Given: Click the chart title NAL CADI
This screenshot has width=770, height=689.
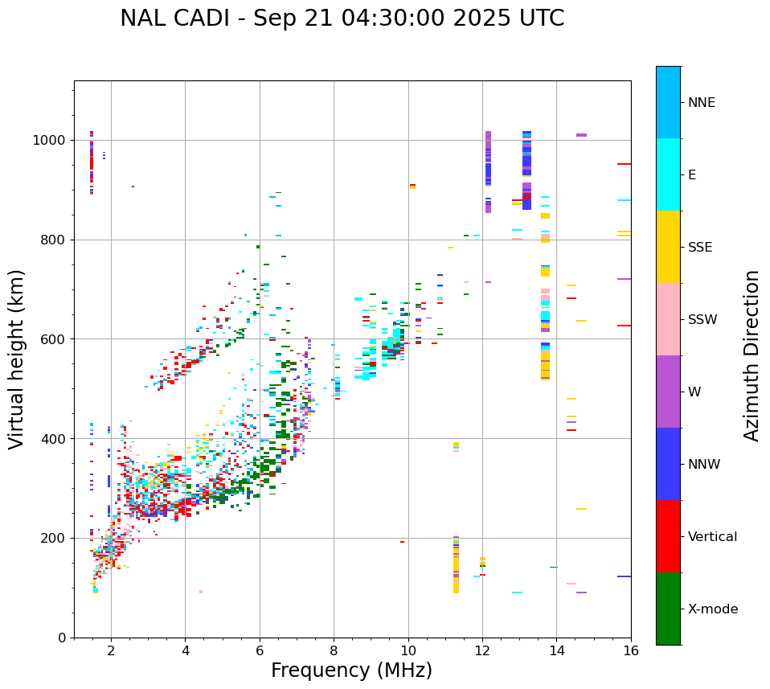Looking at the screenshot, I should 342,18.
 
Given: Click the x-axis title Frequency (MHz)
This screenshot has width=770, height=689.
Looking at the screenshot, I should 351,671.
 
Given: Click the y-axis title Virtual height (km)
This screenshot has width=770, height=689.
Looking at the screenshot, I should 17,359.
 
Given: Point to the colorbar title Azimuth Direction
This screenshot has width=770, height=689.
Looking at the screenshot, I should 752,355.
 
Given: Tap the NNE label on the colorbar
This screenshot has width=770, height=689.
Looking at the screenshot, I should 701,103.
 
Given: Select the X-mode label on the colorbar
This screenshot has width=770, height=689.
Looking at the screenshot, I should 712,609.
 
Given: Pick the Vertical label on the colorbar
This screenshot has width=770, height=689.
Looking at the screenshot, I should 712,537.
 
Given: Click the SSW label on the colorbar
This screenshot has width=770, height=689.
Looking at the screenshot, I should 702,320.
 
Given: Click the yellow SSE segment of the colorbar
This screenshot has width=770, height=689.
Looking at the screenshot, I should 668,247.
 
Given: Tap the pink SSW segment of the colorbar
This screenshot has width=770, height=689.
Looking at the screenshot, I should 668,319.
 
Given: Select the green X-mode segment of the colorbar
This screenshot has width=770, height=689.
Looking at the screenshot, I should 668,609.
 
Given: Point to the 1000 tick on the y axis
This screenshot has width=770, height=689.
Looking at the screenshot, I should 51,140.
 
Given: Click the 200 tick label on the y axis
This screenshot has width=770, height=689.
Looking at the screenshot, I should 55,538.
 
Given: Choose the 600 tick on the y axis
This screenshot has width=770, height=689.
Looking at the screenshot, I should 55,339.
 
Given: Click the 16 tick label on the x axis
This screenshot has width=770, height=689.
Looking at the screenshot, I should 631,650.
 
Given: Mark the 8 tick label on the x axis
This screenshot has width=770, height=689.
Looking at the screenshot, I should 334,650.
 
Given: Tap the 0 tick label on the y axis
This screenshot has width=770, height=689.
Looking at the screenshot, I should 61,638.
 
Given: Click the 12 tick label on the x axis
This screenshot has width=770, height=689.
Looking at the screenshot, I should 482,650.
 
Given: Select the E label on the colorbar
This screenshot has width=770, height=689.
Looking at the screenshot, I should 692,175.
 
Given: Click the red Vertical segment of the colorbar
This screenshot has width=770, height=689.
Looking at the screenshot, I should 668,536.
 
